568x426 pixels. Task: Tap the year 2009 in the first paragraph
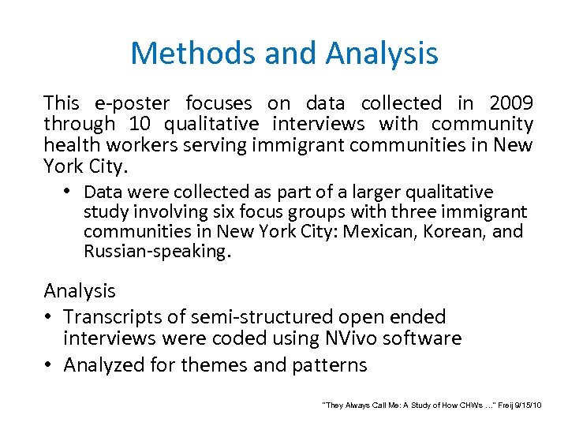click(x=510, y=103)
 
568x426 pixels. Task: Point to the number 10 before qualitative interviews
click(x=136, y=124)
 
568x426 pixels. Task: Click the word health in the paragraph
click(x=72, y=145)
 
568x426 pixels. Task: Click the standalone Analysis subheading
click(x=80, y=290)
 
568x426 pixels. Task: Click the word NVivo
click(x=350, y=338)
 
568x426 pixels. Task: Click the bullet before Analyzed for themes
click(x=49, y=365)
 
